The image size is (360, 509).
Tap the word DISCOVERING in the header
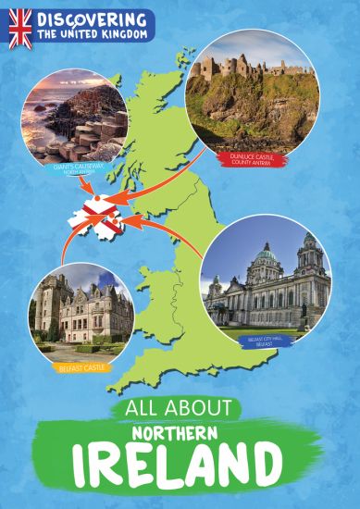(91, 19)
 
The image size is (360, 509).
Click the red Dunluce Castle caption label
(257, 159)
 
